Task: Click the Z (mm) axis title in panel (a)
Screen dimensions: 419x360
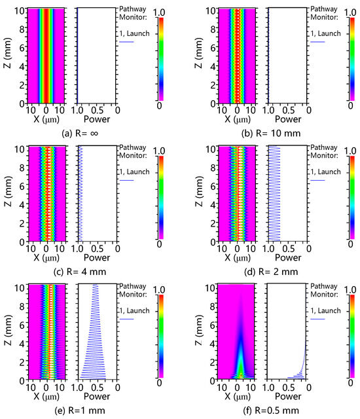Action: pyautogui.click(x=7, y=55)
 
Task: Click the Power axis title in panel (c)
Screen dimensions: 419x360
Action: pyautogui.click(x=96, y=257)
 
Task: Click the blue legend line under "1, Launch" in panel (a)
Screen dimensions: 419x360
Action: pyautogui.click(x=126, y=43)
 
